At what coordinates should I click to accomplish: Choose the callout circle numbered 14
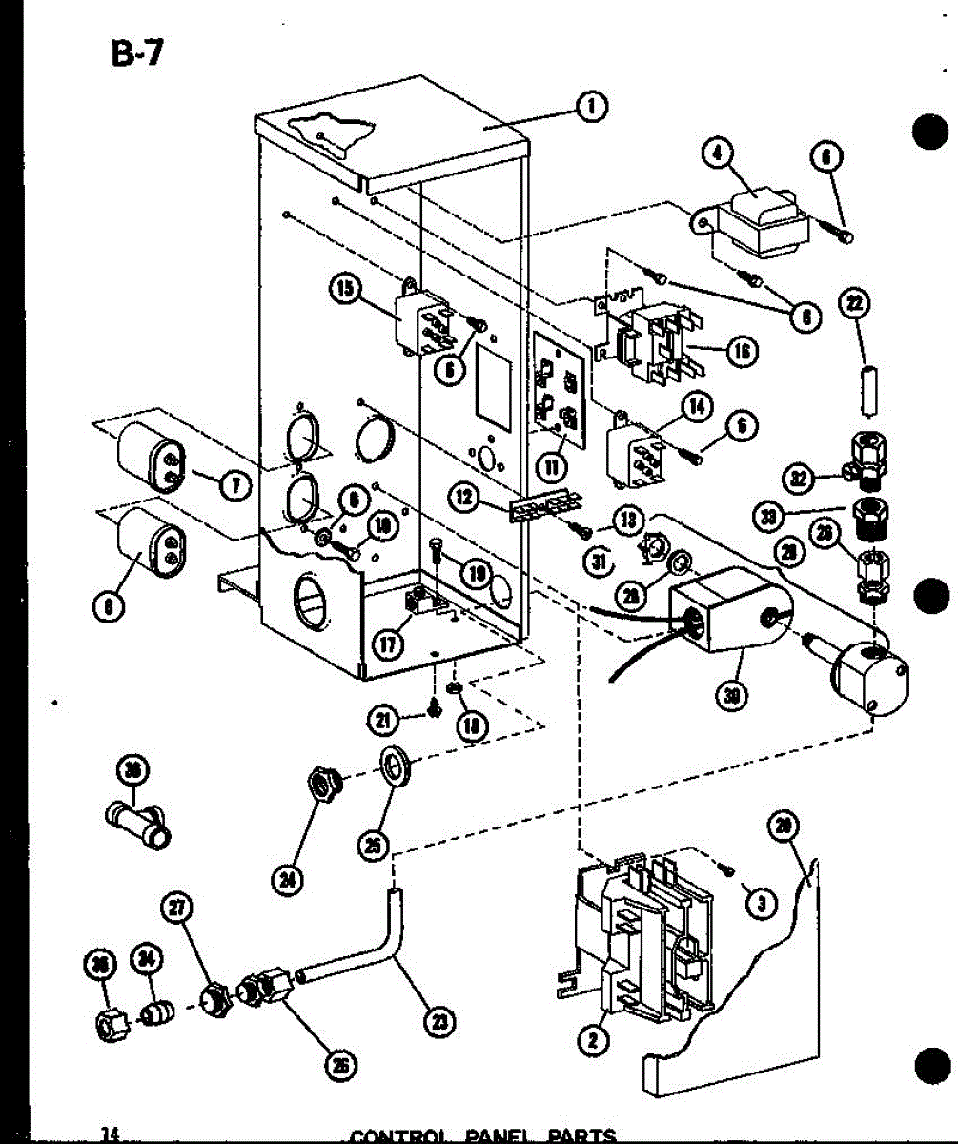point(699,407)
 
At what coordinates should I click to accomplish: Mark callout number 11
point(551,466)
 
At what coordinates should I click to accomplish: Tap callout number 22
point(854,305)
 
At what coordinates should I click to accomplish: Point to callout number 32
point(802,475)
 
